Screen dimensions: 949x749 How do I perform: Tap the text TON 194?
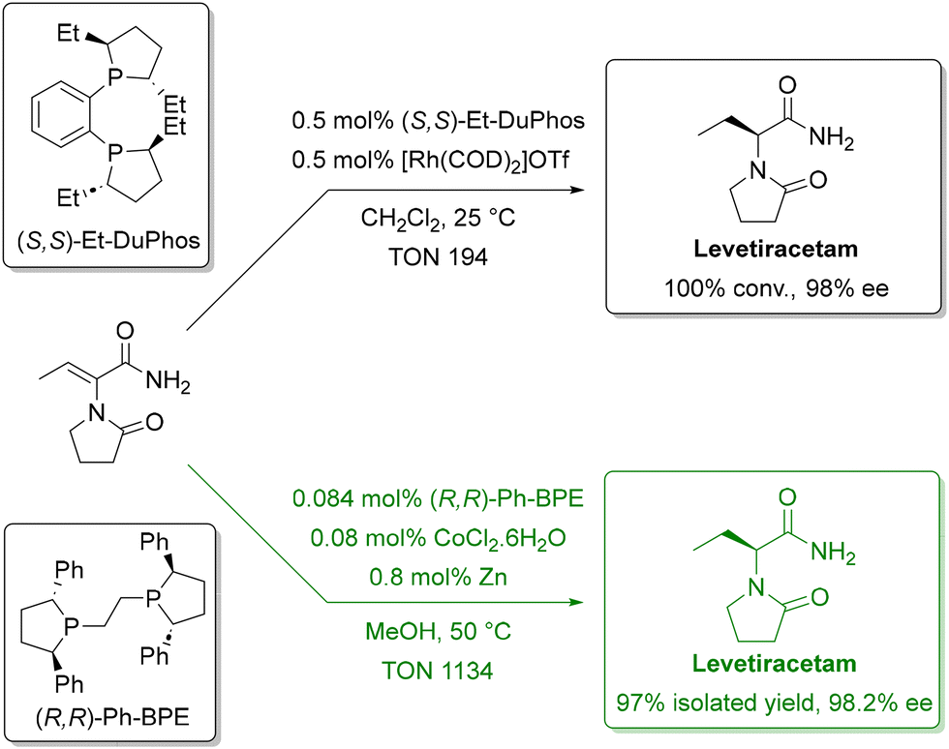coord(438,257)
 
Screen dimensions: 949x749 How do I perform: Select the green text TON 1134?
coord(437,671)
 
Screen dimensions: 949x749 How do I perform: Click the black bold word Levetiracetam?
coord(776,249)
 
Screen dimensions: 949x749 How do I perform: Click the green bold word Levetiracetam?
coord(774,664)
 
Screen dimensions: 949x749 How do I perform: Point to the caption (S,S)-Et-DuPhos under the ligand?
coord(108,241)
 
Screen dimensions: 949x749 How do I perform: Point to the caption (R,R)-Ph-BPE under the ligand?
coord(112,717)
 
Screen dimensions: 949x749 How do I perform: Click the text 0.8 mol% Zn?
coord(438,577)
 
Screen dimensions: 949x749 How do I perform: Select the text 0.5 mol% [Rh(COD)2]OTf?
coord(430,161)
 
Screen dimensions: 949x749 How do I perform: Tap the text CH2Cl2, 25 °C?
coord(438,219)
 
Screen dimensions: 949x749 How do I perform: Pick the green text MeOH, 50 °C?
coord(438,632)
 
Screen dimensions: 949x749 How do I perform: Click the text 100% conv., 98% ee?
coord(777,288)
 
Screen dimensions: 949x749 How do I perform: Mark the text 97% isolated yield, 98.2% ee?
coord(775,703)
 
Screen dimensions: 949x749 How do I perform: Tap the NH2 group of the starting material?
coord(168,382)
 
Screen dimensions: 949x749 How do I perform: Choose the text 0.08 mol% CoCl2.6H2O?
coord(438,538)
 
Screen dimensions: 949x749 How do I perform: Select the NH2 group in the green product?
coord(833,553)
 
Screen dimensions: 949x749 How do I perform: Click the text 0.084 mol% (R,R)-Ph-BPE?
coord(438,498)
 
